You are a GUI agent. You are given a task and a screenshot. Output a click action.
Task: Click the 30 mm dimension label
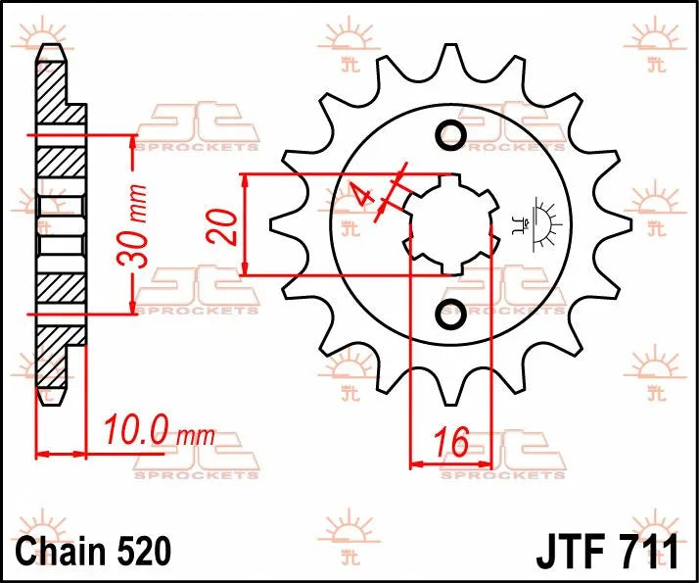coord(134,225)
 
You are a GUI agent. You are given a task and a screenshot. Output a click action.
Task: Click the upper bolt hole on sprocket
coord(451,134)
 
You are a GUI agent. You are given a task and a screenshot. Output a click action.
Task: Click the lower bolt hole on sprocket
coord(451,316)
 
